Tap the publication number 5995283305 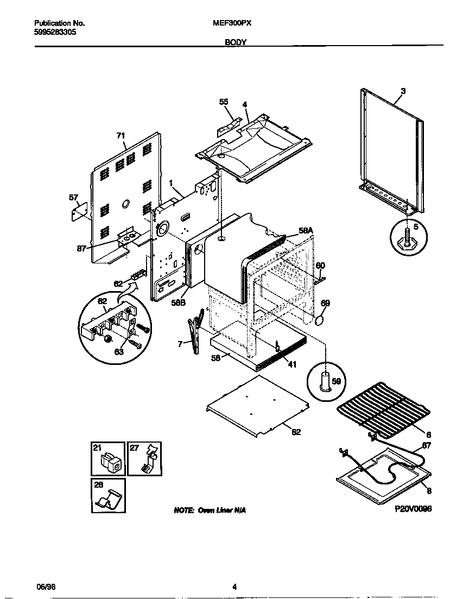pyautogui.click(x=55, y=32)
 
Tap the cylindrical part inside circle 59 pyautogui.click(x=326, y=381)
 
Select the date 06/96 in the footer pyautogui.click(x=43, y=586)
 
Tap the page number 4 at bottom pyautogui.click(x=234, y=586)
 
